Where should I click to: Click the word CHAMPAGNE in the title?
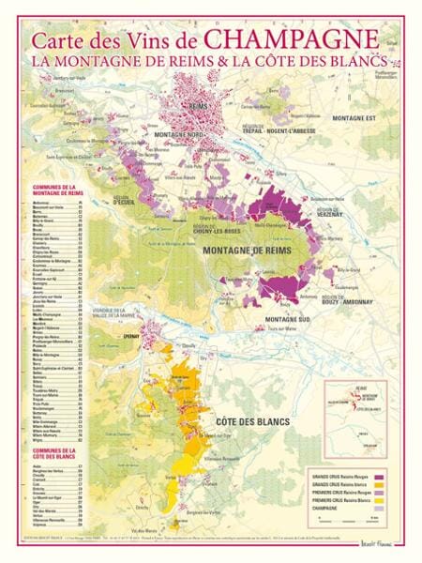[292, 40]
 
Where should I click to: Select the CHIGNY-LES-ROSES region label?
[214, 229]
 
